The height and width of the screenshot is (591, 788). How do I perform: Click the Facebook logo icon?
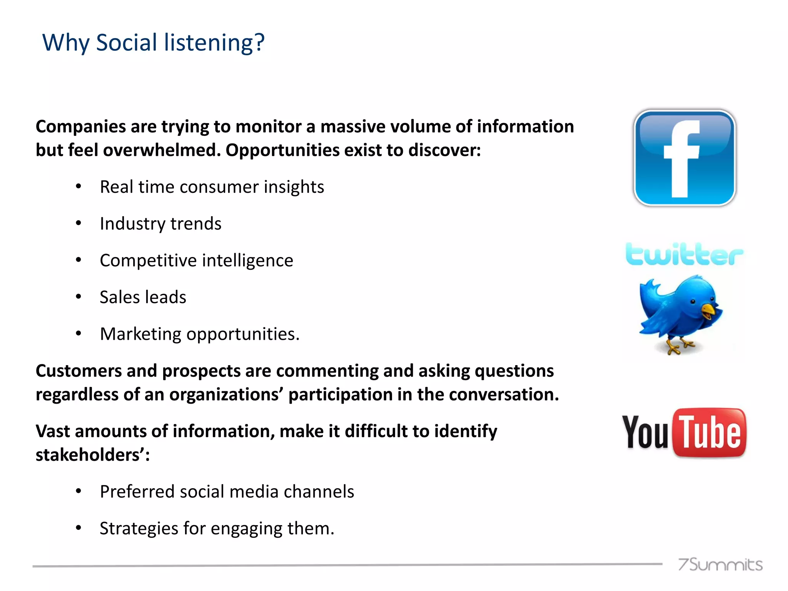pos(684,158)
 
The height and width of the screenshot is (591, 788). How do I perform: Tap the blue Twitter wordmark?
pos(684,254)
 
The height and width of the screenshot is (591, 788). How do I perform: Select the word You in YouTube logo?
pos(645,433)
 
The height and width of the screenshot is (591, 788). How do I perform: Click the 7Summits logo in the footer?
pos(720,564)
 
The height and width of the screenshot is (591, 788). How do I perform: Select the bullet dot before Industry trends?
pos(78,223)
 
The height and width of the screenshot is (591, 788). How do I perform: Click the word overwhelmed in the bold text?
pos(162,150)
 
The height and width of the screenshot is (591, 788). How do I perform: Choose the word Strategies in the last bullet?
pos(139,528)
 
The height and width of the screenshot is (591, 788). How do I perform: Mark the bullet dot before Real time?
pos(78,187)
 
